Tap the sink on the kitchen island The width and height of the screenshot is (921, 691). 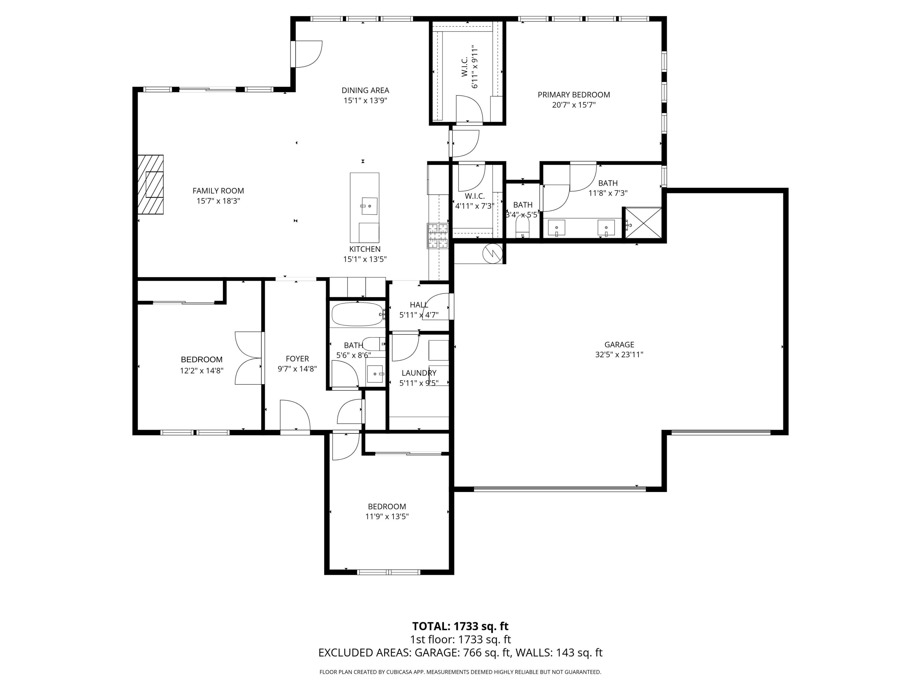[x=369, y=206]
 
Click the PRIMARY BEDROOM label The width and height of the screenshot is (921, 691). [x=573, y=95]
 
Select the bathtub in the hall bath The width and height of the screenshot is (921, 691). [x=357, y=314]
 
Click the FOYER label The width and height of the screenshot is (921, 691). [x=297, y=359]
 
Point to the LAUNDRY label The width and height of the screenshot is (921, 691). [x=418, y=373]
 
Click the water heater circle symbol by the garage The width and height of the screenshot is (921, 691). [x=492, y=252]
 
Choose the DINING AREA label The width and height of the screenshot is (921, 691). [x=365, y=90]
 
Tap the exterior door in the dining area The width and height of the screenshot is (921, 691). [x=307, y=54]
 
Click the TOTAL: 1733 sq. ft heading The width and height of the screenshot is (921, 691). [x=460, y=626]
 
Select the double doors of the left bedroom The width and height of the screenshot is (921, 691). [x=249, y=358]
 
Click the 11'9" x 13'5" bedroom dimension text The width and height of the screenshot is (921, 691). [x=387, y=517]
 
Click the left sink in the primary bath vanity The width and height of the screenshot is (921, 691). [x=556, y=228]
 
